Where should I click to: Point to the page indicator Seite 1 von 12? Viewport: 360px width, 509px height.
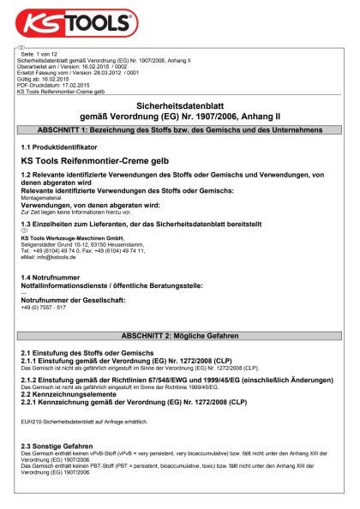pyautogui.click(x=39, y=55)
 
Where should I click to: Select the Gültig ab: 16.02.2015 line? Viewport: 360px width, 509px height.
pyautogui.click(x=45, y=79)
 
